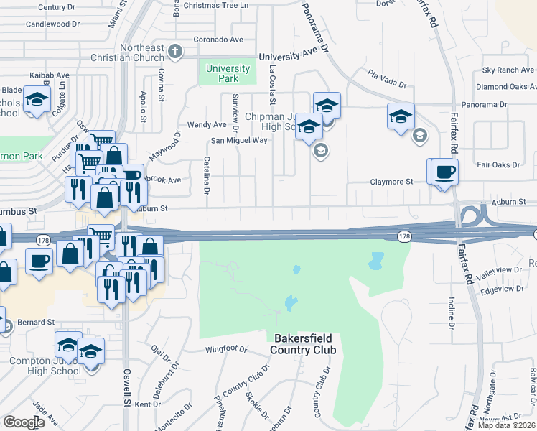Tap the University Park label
point(228,73)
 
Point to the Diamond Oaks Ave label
point(507,86)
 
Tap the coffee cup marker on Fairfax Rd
point(445,172)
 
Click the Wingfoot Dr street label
point(225,350)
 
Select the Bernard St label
point(36,322)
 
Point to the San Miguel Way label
point(238,140)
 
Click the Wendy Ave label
point(202,124)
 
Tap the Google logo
point(24,422)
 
